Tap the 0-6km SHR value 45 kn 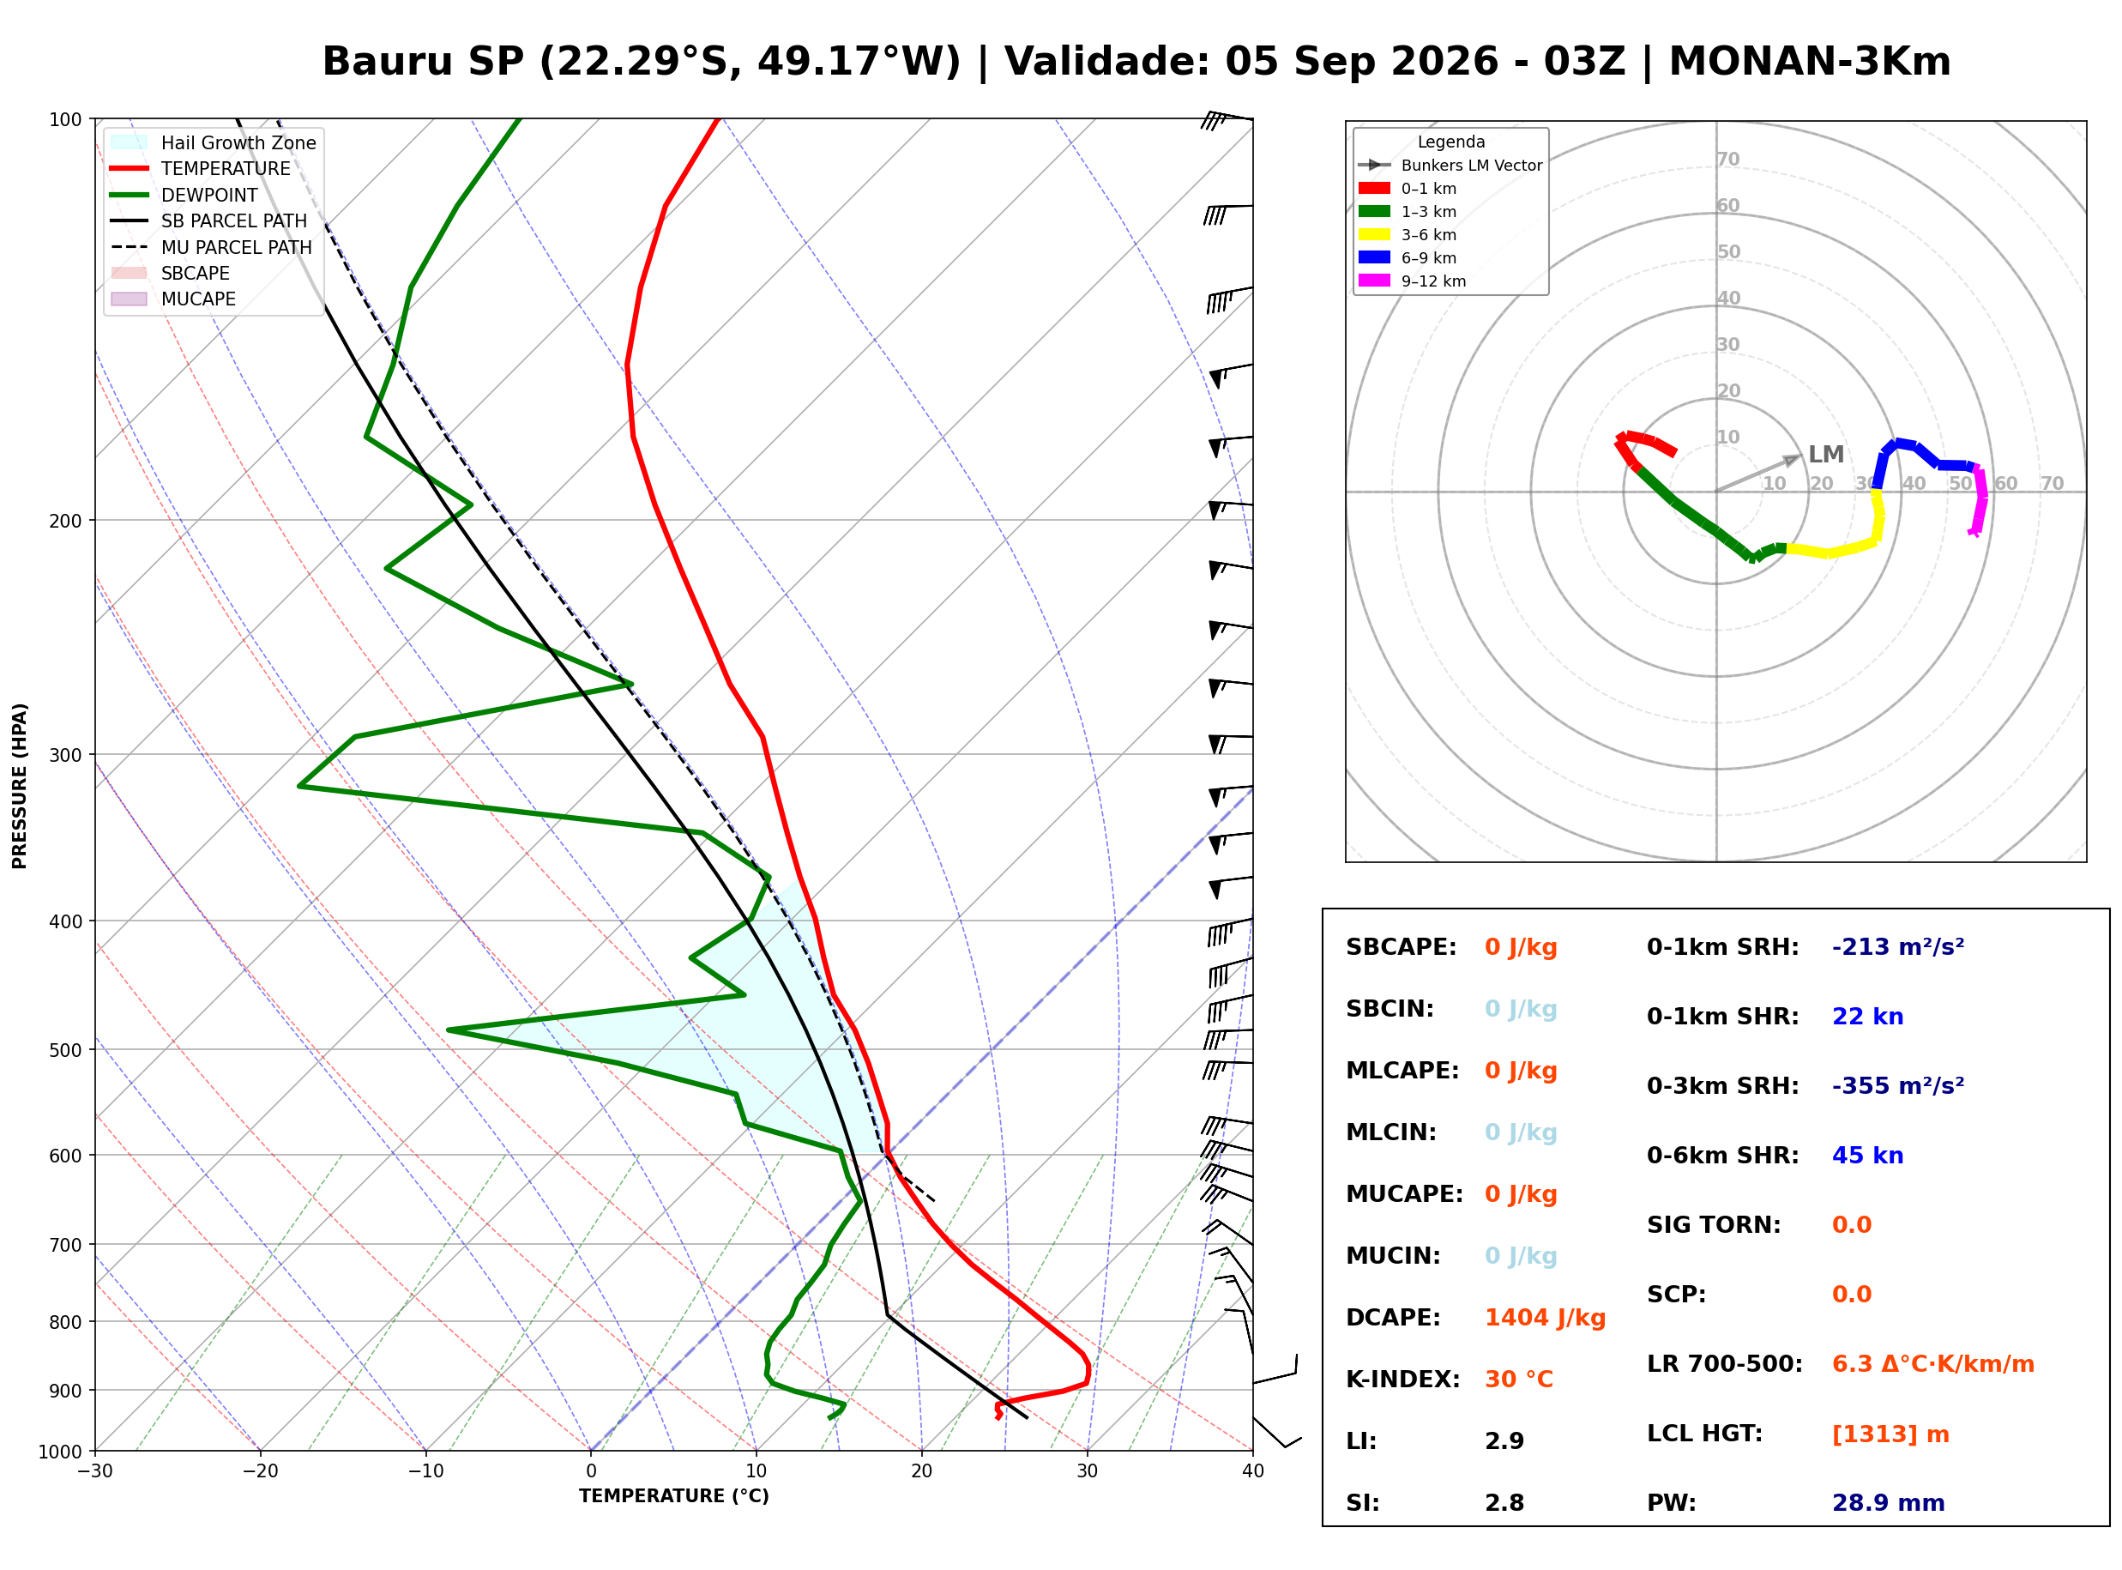coord(1867,1156)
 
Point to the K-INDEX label coord(1403,1380)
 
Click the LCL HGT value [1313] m coord(1890,1435)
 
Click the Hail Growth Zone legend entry coord(214,142)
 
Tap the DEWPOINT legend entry coord(184,195)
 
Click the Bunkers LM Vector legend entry coord(1450,166)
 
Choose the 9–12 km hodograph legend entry coord(1413,281)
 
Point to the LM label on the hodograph coord(1825,455)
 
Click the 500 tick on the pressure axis coord(67,1050)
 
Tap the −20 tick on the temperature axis coord(259,1471)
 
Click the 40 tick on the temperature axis coord(1253,1471)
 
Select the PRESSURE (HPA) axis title coord(20,786)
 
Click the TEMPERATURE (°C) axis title coord(674,1496)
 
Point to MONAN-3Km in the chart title coord(1810,62)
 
